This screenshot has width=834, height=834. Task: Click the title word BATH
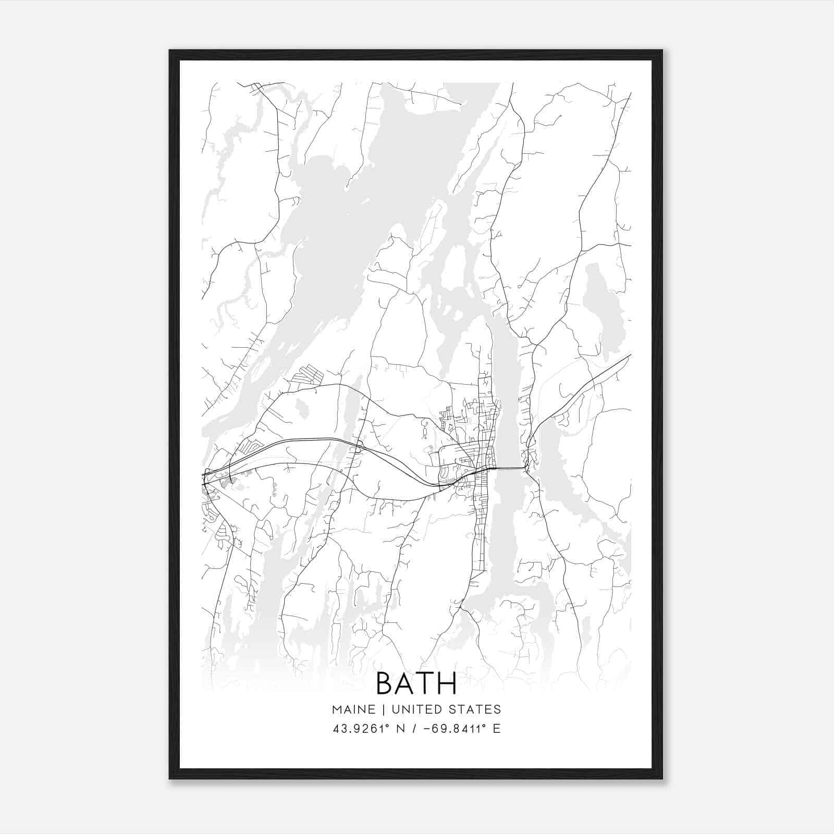pyautogui.click(x=416, y=683)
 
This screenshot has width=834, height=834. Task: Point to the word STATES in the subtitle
pyautogui.click(x=476, y=709)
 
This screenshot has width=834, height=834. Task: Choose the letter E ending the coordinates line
pyautogui.click(x=496, y=729)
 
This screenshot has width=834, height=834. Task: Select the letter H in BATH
pyautogui.click(x=447, y=683)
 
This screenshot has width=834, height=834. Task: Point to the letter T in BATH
pyautogui.click(x=425, y=683)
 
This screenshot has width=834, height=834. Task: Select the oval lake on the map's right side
pyautogui.click(x=602, y=308)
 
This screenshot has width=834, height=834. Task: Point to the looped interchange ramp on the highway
pyautogui.click(x=359, y=445)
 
